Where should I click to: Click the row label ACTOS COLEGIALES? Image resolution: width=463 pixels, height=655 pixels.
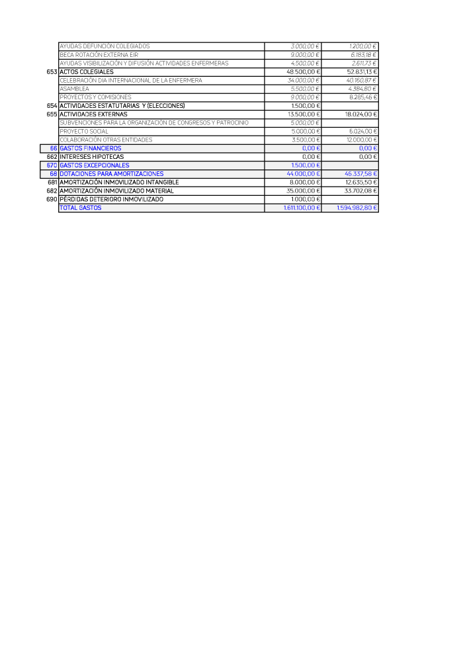[x=87, y=71]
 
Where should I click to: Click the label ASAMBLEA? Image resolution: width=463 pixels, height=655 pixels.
[x=74, y=89]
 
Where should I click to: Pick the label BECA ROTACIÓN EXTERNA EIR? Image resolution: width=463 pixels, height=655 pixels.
[x=99, y=55]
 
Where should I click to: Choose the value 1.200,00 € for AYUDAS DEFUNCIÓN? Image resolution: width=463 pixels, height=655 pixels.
[x=363, y=46]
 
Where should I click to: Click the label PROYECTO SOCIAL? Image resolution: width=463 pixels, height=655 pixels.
[x=84, y=131]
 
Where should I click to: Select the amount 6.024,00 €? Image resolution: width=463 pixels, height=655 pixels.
[x=363, y=131]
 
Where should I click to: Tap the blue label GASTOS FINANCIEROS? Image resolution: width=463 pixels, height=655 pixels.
[x=91, y=148]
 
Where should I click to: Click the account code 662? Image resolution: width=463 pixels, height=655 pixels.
[x=52, y=157]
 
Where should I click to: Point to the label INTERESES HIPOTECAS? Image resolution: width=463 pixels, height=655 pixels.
[x=91, y=157]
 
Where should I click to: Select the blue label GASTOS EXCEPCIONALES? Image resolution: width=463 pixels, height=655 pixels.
[x=95, y=165]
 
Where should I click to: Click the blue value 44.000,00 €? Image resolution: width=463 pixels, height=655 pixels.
[x=303, y=174]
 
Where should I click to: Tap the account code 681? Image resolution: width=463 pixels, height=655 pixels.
[x=52, y=182]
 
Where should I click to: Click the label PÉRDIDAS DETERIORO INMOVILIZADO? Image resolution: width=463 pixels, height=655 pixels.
[x=111, y=199]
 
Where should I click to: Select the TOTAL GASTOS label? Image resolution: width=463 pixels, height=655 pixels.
[x=81, y=208]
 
